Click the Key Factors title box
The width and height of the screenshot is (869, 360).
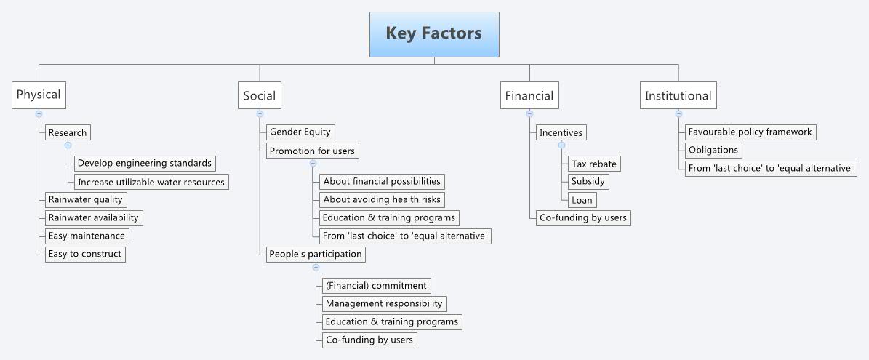pos(434,34)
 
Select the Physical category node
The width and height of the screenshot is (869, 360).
pos(39,95)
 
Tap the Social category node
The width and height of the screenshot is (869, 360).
pos(260,95)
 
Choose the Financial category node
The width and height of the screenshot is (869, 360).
pos(529,95)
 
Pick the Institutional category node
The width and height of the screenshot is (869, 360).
pos(678,95)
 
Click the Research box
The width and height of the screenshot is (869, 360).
pos(68,132)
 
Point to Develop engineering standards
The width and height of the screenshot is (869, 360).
pos(145,163)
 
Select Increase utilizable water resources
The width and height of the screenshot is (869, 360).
pos(151,182)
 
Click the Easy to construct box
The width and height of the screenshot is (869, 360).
pos(85,254)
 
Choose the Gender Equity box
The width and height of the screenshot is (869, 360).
pos(300,132)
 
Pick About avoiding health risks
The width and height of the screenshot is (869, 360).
pos(383,199)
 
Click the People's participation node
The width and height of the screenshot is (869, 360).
pos(315,254)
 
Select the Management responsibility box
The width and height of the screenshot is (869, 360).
pos(384,303)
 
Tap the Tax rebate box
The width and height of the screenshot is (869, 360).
pos(594,164)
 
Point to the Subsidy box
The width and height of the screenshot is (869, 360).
pos(588,181)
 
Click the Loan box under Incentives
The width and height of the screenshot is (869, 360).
pos(582,200)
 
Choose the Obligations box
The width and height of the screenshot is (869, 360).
pos(713,150)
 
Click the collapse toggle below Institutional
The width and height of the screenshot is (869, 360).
pos(678,113)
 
